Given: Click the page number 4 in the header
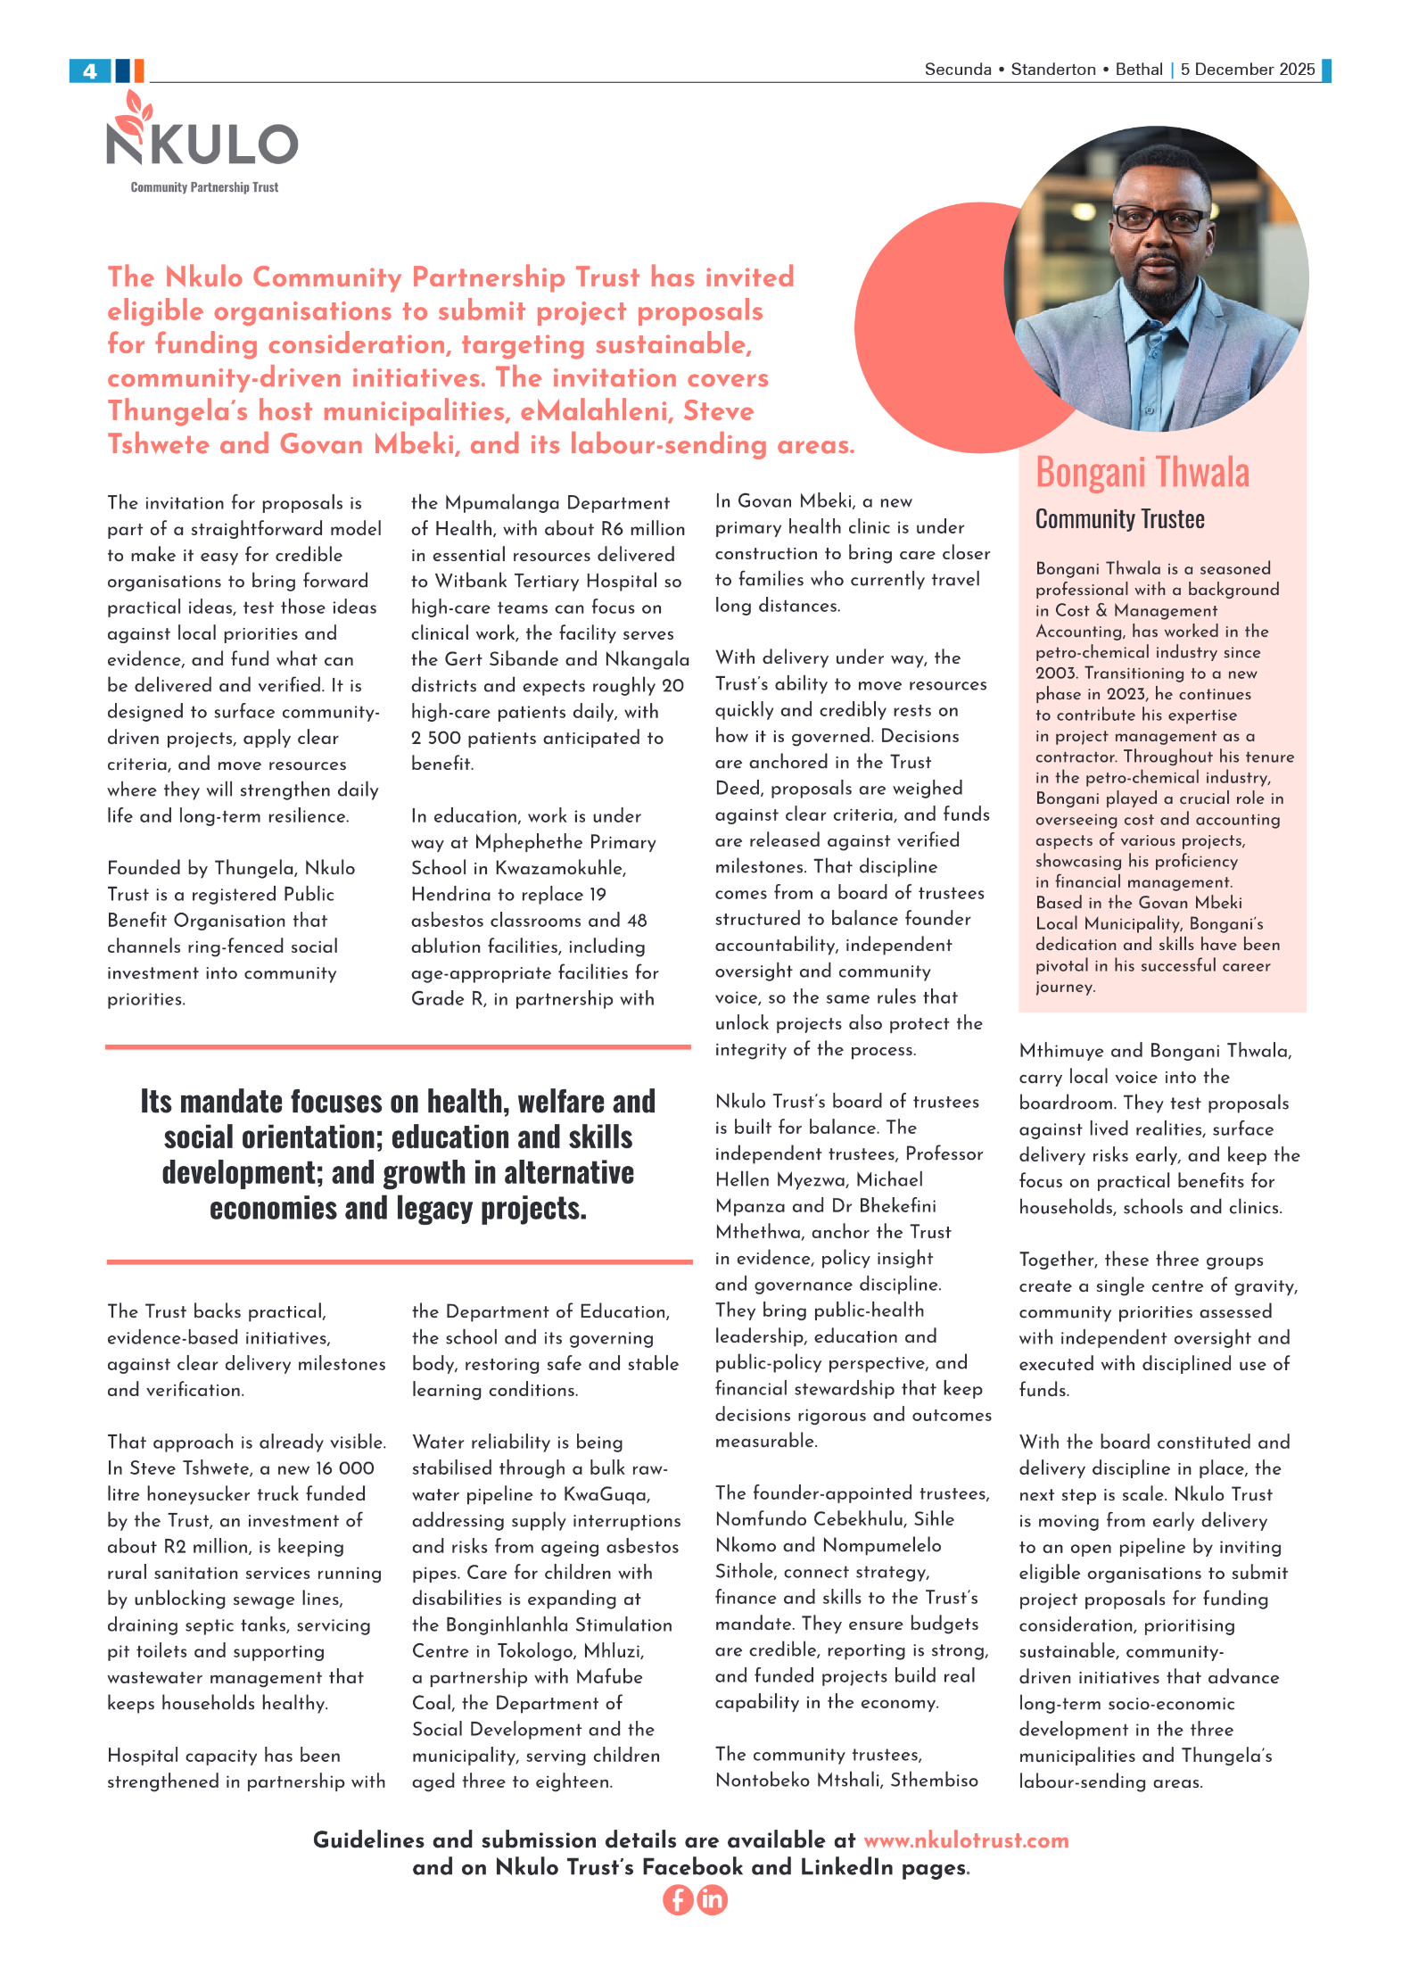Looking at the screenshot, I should [89, 71].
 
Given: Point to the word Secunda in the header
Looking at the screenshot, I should [957, 70].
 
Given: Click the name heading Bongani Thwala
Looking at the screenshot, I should [1142, 473].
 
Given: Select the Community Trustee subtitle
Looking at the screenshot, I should [1119, 519].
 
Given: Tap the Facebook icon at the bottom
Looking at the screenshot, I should [678, 1900].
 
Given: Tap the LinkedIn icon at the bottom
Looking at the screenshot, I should [712, 1900].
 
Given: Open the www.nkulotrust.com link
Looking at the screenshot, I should [966, 1840].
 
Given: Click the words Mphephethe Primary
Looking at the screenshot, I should [565, 842].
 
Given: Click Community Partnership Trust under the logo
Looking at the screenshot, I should [204, 187].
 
